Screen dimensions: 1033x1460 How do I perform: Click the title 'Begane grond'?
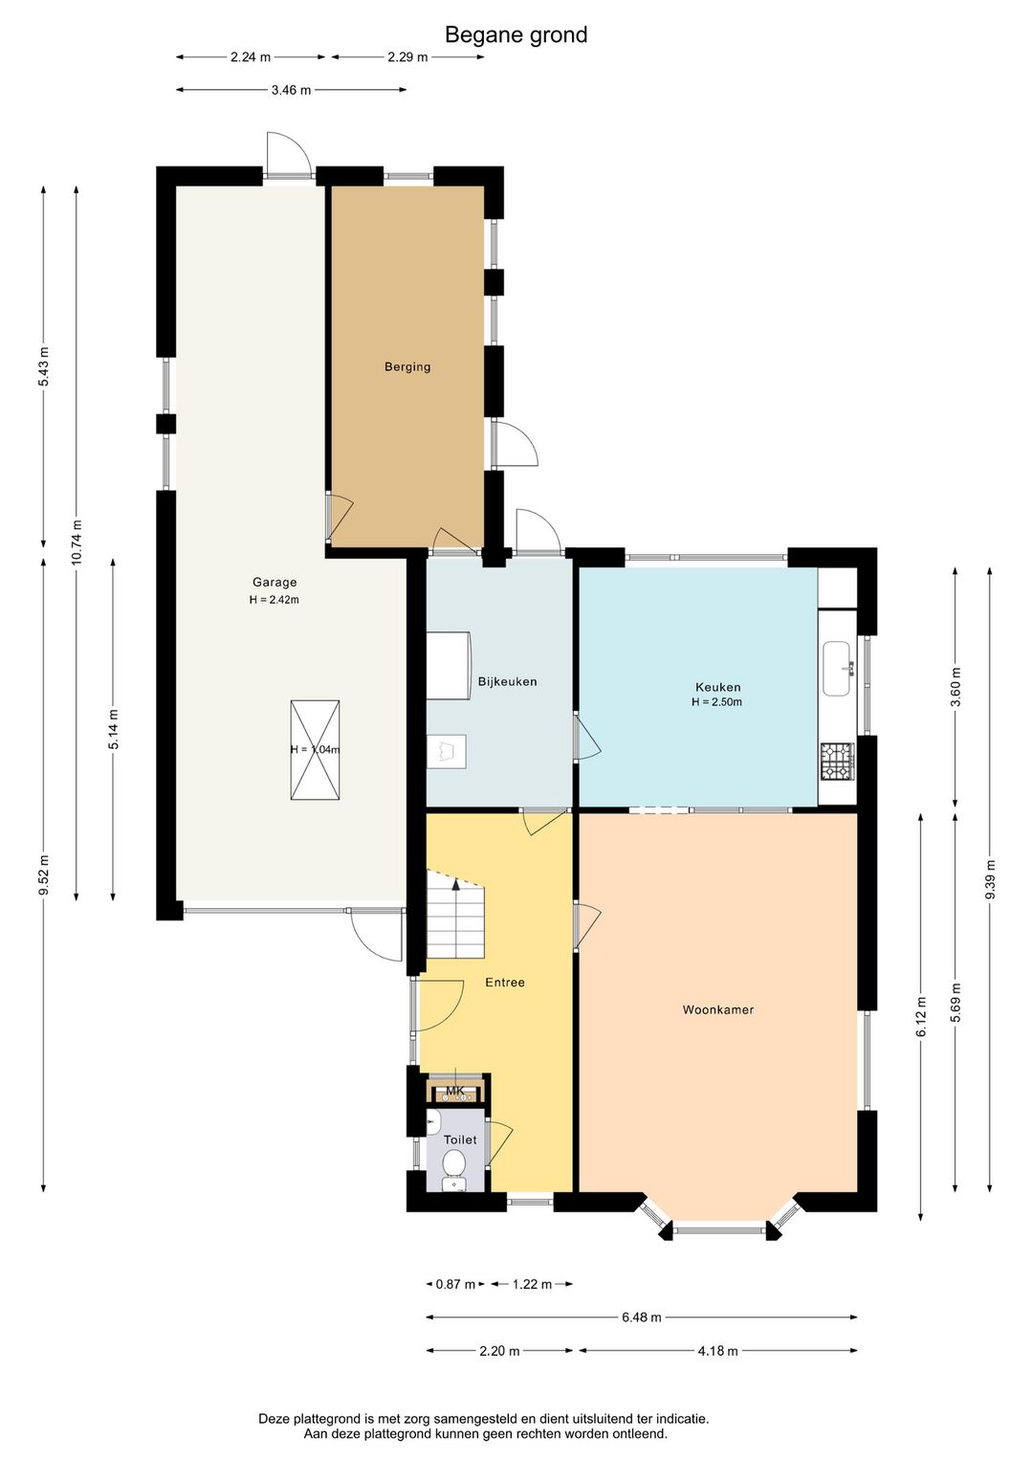(x=516, y=35)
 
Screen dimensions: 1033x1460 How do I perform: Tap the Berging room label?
(x=407, y=366)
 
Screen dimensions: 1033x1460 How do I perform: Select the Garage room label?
(x=275, y=582)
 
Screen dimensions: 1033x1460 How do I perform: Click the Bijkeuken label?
(x=507, y=682)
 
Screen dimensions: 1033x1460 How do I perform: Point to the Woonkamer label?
(x=718, y=1009)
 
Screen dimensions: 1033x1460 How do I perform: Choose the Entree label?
(x=504, y=983)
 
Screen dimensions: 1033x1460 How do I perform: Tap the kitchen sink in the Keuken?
(x=837, y=668)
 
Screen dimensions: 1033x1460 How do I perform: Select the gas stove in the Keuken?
(x=838, y=762)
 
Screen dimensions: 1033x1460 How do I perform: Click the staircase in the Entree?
(x=455, y=913)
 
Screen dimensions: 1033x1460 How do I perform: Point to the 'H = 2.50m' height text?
(x=717, y=702)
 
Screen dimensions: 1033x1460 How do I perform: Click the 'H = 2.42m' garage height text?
(x=274, y=600)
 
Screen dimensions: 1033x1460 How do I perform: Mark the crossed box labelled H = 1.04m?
(x=315, y=749)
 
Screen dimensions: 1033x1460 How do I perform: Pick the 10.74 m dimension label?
(x=77, y=542)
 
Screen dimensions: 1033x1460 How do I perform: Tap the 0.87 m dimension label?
(x=455, y=1284)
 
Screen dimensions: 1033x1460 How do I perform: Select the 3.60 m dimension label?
(x=956, y=687)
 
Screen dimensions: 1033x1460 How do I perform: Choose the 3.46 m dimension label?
(x=291, y=90)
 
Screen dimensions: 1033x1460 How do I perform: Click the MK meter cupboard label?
(x=455, y=1091)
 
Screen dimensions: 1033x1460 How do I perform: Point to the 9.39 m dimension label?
(x=991, y=879)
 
